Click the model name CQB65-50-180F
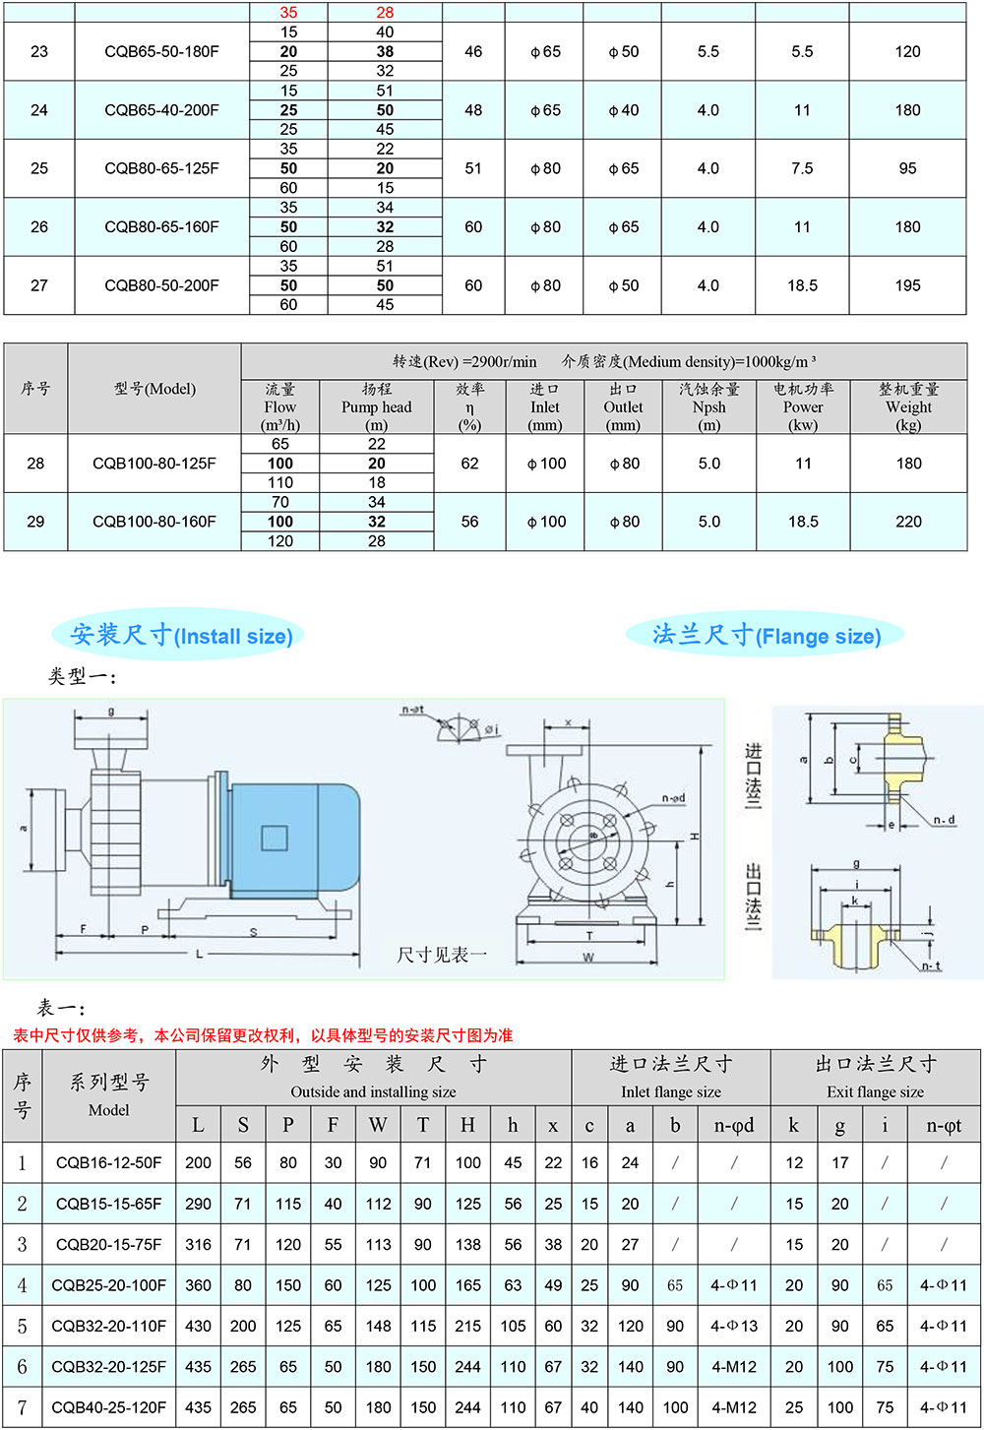[x=161, y=51]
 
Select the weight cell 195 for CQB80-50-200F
[x=907, y=285]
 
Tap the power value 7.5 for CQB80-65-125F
[x=802, y=168]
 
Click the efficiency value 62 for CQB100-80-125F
[x=469, y=464]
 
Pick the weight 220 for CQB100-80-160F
[x=908, y=522]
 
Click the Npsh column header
[x=708, y=406]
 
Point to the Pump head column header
[x=376, y=406]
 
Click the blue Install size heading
[x=181, y=635]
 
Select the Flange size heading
[x=766, y=635]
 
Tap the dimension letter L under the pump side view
[x=200, y=954]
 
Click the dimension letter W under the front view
[x=588, y=958]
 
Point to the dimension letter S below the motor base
[x=253, y=931]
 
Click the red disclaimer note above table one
[x=263, y=1035]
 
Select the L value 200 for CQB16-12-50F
[x=198, y=1162]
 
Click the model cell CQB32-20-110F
[x=108, y=1326]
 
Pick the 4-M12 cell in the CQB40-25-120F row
[x=733, y=1407]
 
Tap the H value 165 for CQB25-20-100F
[x=467, y=1285]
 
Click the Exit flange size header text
[x=875, y=1091]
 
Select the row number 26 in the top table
[x=39, y=226]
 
